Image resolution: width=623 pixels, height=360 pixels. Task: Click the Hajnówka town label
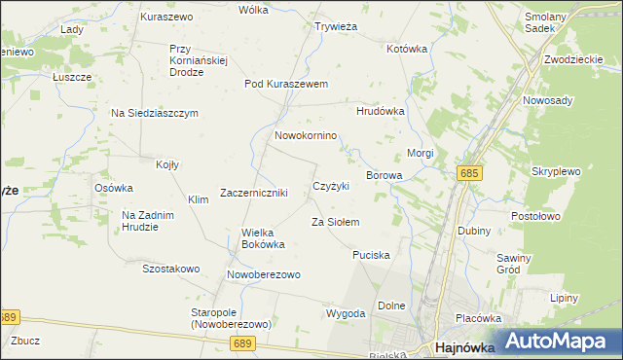point(463,346)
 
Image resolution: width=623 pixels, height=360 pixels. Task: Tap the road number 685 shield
point(469,172)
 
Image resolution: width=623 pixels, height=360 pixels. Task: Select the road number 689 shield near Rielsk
point(243,343)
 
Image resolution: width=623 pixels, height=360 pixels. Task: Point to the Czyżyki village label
point(330,185)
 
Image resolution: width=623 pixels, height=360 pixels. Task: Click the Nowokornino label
point(306,135)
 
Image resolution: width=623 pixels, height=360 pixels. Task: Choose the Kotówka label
point(407,48)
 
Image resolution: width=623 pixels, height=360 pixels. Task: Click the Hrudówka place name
point(380,111)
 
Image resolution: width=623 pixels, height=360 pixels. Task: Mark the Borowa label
point(384,175)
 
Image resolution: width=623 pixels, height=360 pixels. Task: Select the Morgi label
point(420,154)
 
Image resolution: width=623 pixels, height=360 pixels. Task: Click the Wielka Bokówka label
point(263,238)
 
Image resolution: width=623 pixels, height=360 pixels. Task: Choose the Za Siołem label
point(335,223)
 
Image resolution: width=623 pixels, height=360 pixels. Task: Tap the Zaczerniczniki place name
point(254,193)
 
